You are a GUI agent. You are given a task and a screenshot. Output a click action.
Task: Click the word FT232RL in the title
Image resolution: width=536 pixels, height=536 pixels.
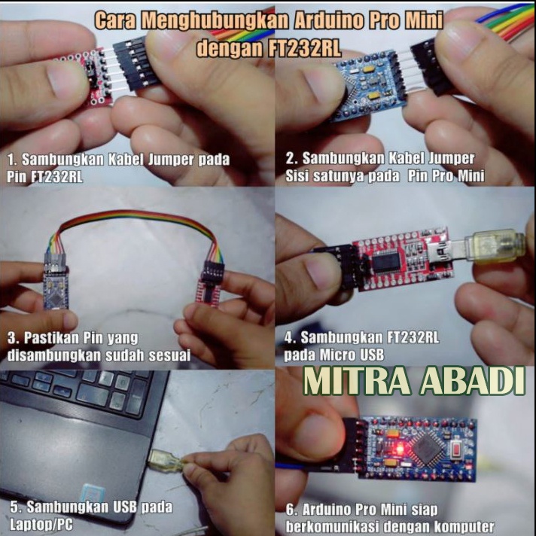pyautogui.click(x=304, y=48)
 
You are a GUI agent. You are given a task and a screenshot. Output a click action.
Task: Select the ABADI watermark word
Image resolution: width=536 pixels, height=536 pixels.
pyautogui.click(x=474, y=381)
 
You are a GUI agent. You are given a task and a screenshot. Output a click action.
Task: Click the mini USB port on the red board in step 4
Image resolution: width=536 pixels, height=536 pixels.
pyautogui.click(x=443, y=253)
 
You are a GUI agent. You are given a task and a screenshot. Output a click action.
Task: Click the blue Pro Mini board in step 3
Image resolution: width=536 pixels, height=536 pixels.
pyautogui.click(x=56, y=288)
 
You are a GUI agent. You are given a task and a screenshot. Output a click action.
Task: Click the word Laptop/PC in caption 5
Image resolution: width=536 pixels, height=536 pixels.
pyautogui.click(x=41, y=525)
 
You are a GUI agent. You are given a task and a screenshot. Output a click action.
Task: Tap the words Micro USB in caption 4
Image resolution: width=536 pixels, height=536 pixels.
pyautogui.click(x=352, y=355)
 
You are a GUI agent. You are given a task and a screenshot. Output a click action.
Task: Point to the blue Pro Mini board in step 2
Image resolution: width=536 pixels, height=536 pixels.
pyautogui.click(x=369, y=86)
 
